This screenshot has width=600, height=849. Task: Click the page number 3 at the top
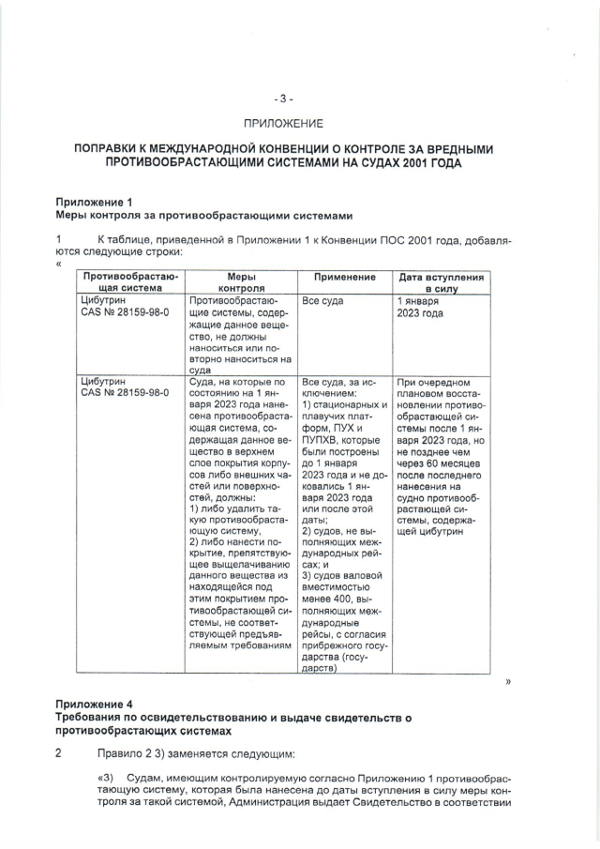coord(283,98)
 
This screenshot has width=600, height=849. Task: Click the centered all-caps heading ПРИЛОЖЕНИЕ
coord(283,123)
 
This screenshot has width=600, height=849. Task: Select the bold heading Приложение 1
coord(94,202)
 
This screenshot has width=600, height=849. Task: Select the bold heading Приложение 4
coord(94,704)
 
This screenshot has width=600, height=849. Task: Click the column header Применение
coord(344,278)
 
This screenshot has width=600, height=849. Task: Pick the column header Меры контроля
coord(241,283)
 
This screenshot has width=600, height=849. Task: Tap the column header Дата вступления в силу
coord(441,283)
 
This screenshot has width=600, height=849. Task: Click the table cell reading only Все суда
coord(323,300)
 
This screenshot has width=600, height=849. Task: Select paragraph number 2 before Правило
coord(58,753)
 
